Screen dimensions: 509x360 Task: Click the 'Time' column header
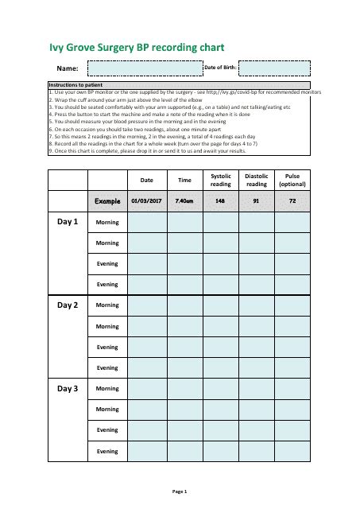(x=184, y=181)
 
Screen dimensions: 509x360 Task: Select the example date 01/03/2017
(x=147, y=201)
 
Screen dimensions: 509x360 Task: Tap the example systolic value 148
(x=220, y=201)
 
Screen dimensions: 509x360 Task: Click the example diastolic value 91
(x=257, y=201)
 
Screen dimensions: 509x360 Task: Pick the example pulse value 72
(x=292, y=201)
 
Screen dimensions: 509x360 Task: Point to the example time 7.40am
(x=184, y=201)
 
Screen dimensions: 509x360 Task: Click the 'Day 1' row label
(x=68, y=222)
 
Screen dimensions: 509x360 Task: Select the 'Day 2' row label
(x=68, y=305)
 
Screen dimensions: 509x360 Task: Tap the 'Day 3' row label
(x=68, y=389)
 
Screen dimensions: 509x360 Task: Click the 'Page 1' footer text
(x=180, y=492)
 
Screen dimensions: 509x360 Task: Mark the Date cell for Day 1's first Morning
(x=147, y=223)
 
